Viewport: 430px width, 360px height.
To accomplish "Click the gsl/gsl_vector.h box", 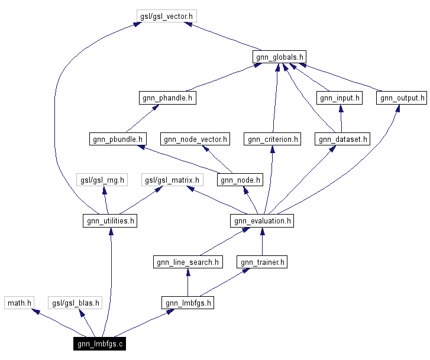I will click(x=166, y=17).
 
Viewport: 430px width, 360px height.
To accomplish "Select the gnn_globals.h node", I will click(x=279, y=57).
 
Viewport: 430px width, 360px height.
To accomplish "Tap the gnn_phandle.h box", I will click(x=168, y=98).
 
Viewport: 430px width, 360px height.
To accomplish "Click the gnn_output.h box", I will click(x=401, y=98).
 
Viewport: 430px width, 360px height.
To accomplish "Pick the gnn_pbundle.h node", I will click(x=117, y=140).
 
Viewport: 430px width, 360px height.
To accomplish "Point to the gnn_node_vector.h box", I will click(x=196, y=140).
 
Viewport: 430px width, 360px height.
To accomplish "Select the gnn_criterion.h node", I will click(x=273, y=140).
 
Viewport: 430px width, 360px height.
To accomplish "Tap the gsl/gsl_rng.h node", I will click(x=102, y=180).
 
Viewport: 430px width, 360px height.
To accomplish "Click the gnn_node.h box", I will click(x=239, y=180).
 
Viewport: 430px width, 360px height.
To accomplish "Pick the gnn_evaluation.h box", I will click(x=262, y=221).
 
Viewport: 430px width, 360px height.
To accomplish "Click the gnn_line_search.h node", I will click(x=187, y=262).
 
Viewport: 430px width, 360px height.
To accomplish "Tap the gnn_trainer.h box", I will click(x=262, y=262).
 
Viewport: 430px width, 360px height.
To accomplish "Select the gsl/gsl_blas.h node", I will click(x=75, y=303).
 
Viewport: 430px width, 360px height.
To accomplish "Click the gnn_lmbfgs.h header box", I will click(x=187, y=303).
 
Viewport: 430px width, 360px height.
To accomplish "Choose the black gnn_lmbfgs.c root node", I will click(x=99, y=344).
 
